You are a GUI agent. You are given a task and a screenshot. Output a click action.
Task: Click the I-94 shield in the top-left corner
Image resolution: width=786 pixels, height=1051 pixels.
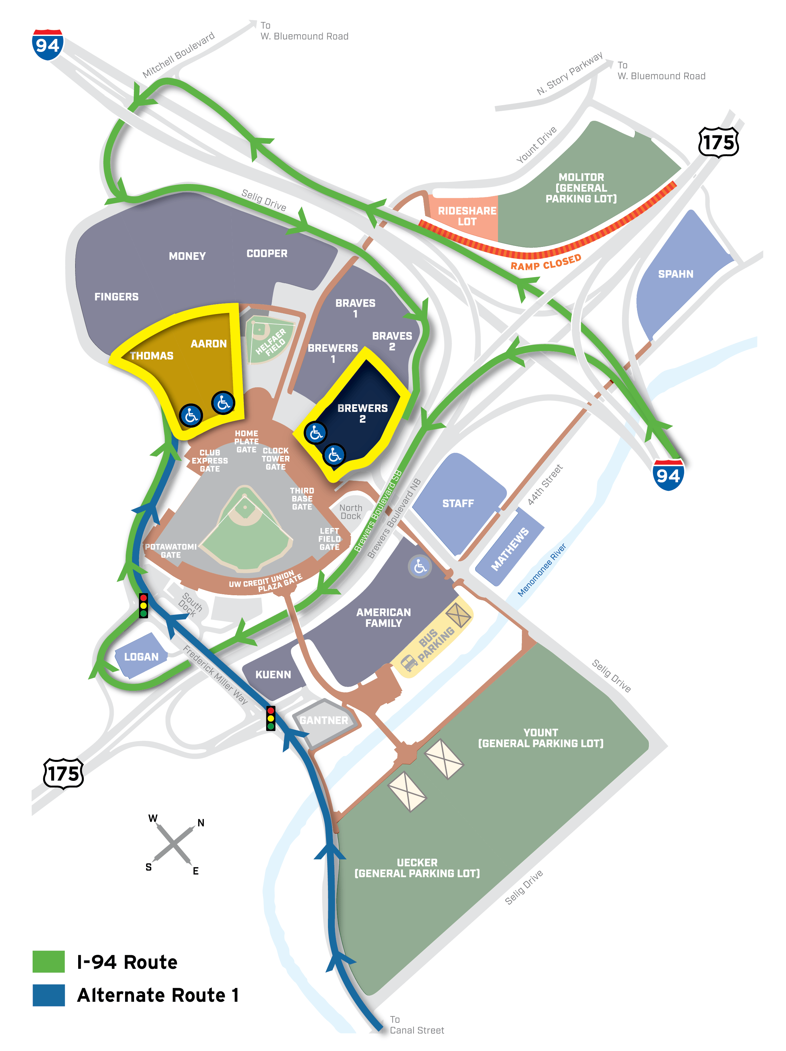[x=48, y=45]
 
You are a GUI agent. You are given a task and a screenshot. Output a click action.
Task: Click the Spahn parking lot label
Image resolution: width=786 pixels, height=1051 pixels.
[x=675, y=274]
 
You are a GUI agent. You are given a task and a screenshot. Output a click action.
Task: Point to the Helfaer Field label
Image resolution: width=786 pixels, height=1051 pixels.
[x=270, y=341]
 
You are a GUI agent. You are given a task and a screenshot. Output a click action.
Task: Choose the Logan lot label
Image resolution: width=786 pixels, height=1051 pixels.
[x=141, y=657]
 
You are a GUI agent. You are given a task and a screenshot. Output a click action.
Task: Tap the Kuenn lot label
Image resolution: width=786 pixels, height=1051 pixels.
[x=273, y=675]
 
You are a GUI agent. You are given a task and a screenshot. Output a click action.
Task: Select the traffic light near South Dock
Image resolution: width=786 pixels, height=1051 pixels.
[x=143, y=605]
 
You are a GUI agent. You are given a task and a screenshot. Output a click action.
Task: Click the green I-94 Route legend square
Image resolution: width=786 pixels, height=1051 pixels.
[x=49, y=962]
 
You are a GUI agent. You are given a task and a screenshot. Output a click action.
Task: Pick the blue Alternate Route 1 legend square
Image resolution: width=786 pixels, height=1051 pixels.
[x=49, y=995]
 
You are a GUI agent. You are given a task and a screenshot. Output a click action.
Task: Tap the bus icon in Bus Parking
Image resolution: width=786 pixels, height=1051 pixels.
[x=409, y=662]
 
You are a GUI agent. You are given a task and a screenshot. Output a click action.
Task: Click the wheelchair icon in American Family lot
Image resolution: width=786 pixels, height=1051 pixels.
[x=420, y=566]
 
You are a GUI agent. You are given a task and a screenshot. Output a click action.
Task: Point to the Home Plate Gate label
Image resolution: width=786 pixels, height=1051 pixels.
[x=246, y=441]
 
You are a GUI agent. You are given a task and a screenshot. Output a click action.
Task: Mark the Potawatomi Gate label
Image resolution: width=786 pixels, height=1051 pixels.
[x=171, y=551]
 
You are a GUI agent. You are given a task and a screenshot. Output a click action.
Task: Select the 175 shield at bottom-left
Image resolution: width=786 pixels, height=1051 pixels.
[x=64, y=774]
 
